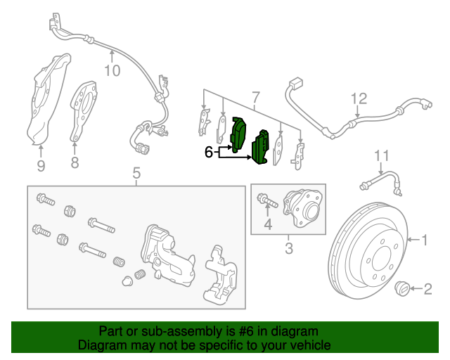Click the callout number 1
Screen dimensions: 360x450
click(425, 240)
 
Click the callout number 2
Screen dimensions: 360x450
click(428, 288)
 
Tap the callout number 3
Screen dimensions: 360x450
click(288, 247)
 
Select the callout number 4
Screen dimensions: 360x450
click(267, 224)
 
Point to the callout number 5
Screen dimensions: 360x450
click(136, 172)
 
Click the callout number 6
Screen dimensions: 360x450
click(208, 150)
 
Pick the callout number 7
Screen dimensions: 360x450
click(255, 96)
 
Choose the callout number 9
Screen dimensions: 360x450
click(41, 165)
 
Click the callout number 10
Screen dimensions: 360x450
click(112, 70)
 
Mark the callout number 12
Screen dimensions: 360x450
click(359, 98)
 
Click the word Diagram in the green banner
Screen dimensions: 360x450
click(99, 345)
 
